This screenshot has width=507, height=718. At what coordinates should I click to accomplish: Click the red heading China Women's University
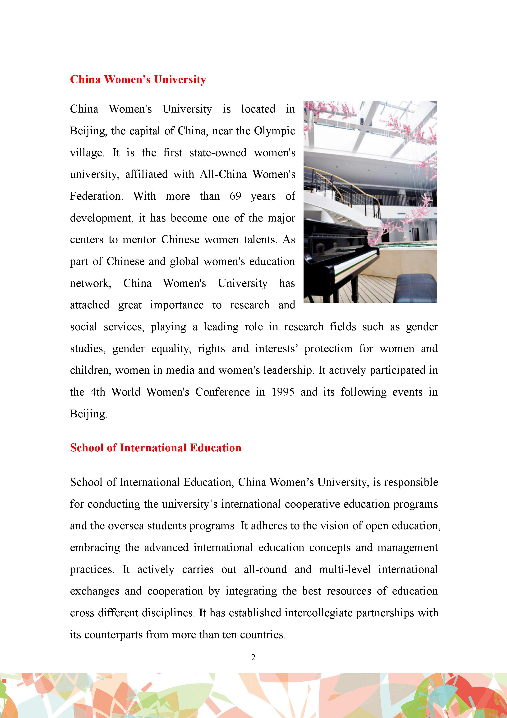coord(138,80)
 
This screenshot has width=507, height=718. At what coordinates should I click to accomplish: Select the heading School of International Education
coord(156,448)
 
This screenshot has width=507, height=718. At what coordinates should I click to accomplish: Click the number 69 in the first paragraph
coord(235,196)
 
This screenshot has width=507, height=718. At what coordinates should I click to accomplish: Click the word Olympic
coord(274,131)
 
